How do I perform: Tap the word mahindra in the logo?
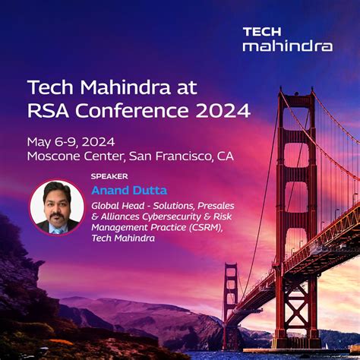coord(287,46)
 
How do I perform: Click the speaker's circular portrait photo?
coord(56,206)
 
